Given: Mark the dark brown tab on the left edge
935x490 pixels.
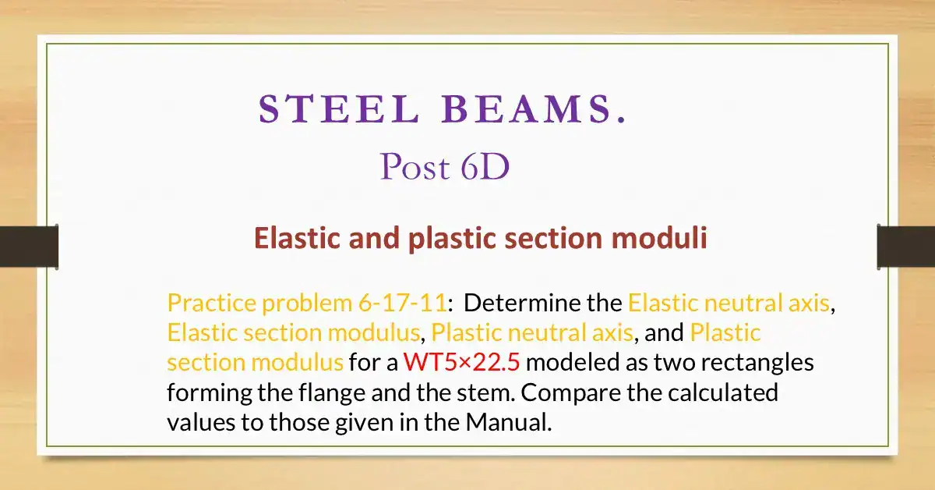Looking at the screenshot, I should pos(28,246).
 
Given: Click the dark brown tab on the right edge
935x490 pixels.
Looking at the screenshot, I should pos(906,246).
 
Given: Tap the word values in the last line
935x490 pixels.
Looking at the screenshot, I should pos(196,422).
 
